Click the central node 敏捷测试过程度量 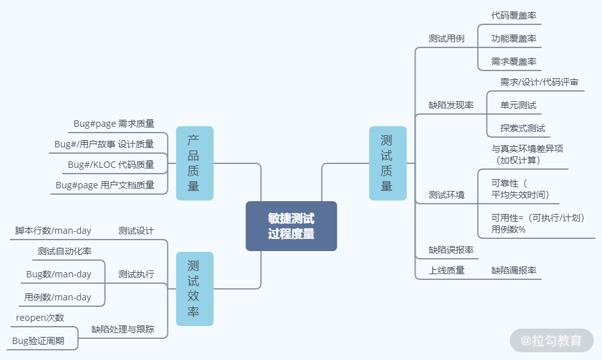click(x=291, y=226)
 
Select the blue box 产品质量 click(x=194, y=163)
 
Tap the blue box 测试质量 click(x=387, y=163)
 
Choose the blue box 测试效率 click(x=194, y=288)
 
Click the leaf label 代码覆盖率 click(x=514, y=15)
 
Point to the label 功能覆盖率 click(x=514, y=38)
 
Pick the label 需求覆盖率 click(x=514, y=61)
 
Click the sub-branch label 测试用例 click(x=446, y=38)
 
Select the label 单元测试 click(x=518, y=105)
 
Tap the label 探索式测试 click(x=523, y=128)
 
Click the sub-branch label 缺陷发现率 click(x=451, y=105)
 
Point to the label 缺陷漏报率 click(x=514, y=270)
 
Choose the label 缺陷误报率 click(x=451, y=250)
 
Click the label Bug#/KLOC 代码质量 click(x=111, y=165)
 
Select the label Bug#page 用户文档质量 click(x=105, y=185)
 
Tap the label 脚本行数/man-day click(x=53, y=231)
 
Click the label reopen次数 click(x=40, y=318)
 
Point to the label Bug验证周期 click(x=38, y=341)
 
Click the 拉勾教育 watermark click(x=551, y=341)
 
